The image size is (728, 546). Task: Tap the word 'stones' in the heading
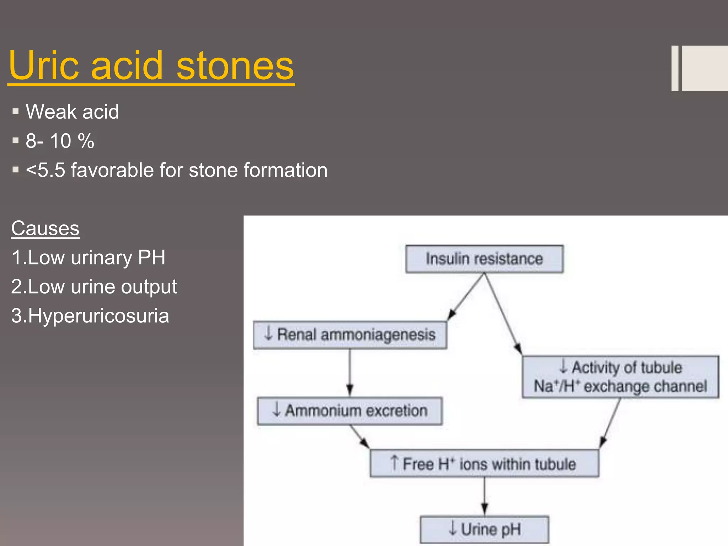click(235, 66)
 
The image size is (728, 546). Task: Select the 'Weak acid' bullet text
click(72, 112)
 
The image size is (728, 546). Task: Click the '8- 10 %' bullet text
click(60, 141)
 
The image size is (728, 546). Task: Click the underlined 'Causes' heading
click(45, 228)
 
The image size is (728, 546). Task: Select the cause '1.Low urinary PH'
click(88, 257)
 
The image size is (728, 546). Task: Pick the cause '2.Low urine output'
click(94, 287)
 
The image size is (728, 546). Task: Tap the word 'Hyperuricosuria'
click(98, 316)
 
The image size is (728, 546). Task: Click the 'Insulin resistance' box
click(484, 259)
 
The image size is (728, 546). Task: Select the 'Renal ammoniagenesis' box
click(350, 335)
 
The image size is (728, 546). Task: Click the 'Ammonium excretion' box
click(350, 411)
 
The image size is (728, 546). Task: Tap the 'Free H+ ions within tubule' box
click(484, 464)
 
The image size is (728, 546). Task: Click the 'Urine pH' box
click(484, 529)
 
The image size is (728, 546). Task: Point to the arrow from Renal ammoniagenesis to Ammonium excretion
click(350, 371)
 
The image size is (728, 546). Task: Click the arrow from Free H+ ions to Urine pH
click(485, 496)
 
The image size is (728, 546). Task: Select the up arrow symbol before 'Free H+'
click(394, 462)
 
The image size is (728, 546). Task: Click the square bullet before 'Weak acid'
click(15, 112)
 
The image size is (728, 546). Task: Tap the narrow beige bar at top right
click(675, 68)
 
